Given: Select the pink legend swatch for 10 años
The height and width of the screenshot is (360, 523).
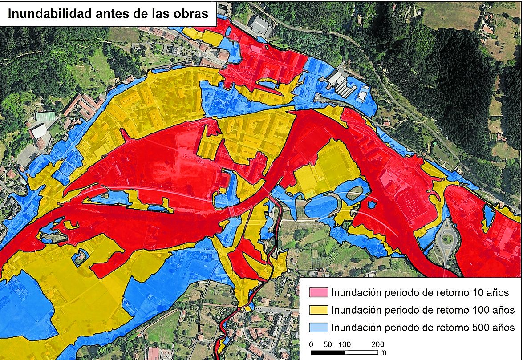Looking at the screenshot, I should pos(319,292).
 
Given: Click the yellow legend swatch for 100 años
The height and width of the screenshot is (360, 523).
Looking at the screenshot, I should pos(319,310).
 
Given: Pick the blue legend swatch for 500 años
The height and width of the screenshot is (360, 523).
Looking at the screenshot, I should pos(319,328).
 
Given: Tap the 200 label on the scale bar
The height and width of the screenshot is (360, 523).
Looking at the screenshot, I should pos(377,344).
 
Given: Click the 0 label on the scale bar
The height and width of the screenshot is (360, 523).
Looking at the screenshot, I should pos(311,344).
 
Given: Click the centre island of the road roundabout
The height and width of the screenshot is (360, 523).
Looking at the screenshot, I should pos(447,239).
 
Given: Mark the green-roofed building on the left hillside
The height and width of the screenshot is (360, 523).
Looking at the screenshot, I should pos(46,117).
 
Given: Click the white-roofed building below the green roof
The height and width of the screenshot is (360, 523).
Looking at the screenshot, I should pos(39,131).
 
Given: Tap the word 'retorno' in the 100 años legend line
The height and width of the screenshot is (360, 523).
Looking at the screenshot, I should pos(449,310).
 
